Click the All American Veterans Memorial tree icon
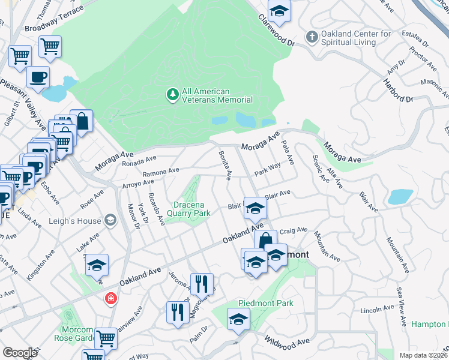[x=172, y=95]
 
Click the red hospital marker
[x=110, y=298]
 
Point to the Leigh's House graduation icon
[x=110, y=221]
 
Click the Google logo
[x=20, y=353]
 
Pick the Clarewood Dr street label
[x=277, y=34]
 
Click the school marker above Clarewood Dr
[x=279, y=12]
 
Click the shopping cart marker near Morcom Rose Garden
[x=106, y=338]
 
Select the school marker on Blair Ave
[x=255, y=209]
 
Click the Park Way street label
[x=268, y=169]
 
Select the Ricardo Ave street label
[x=157, y=209]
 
